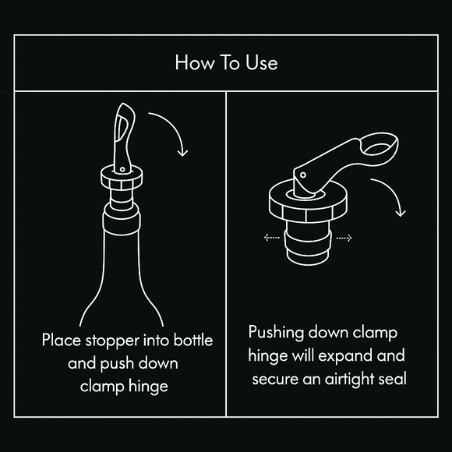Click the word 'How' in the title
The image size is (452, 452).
click(192, 63)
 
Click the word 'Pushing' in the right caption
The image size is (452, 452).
click(277, 334)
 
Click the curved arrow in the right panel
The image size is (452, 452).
click(390, 197)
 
